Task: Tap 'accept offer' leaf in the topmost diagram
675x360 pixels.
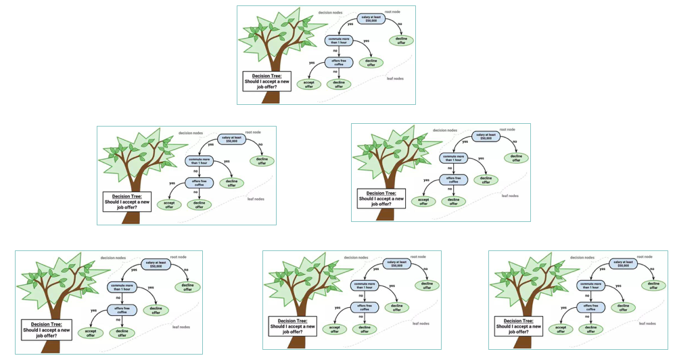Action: [x=308, y=85]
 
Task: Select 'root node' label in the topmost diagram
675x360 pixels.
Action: [x=393, y=12]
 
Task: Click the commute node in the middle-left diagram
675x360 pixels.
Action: [x=200, y=160]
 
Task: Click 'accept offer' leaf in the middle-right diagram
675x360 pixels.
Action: [x=423, y=200]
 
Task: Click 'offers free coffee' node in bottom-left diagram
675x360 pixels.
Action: [x=122, y=310]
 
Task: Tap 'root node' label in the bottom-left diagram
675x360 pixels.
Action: [x=179, y=257]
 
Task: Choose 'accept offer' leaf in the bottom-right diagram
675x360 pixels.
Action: [x=560, y=329]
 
